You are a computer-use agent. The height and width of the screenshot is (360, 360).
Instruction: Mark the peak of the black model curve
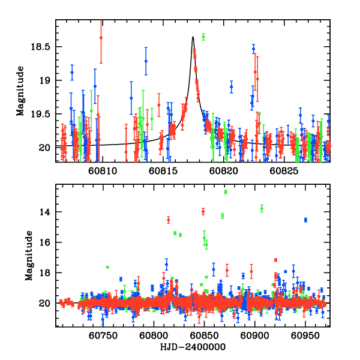point(193,37)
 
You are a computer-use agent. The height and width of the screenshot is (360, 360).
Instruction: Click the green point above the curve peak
point(203,37)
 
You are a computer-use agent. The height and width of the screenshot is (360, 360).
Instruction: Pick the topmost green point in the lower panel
point(226,191)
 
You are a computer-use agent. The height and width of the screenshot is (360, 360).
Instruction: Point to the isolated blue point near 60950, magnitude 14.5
point(305,220)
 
